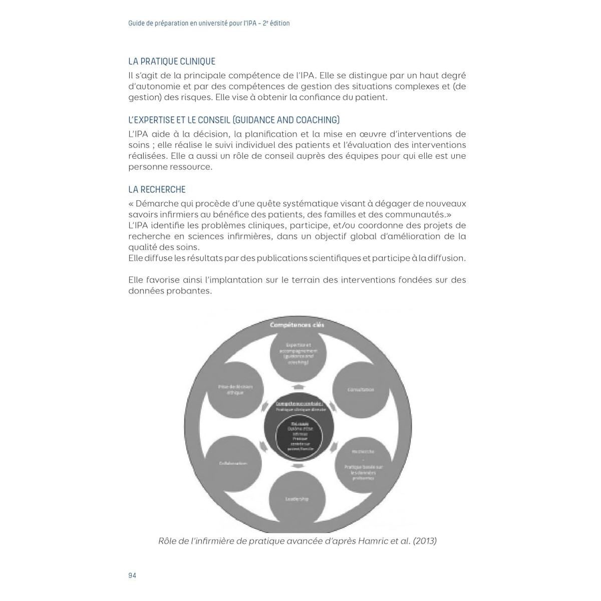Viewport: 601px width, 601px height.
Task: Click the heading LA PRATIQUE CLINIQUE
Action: click(x=172, y=62)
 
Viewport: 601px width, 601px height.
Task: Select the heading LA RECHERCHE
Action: click(x=157, y=190)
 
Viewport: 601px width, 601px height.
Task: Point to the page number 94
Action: click(x=132, y=575)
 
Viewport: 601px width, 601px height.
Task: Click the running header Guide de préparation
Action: click(x=209, y=23)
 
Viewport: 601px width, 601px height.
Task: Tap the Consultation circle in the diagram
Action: click(x=361, y=390)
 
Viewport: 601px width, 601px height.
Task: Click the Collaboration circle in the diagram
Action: click(x=233, y=463)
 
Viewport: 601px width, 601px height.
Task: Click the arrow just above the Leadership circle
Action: click(x=297, y=466)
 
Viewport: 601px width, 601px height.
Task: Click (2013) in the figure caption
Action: click(x=425, y=541)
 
